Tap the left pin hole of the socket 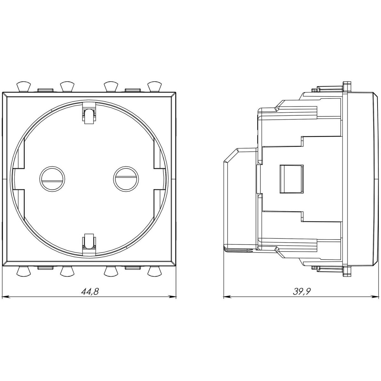pyautogui.click(x=52, y=179)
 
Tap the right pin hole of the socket pyautogui.click(x=126, y=179)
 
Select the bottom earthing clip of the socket pyautogui.click(x=89, y=244)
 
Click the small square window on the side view pyautogui.click(x=292, y=179)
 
